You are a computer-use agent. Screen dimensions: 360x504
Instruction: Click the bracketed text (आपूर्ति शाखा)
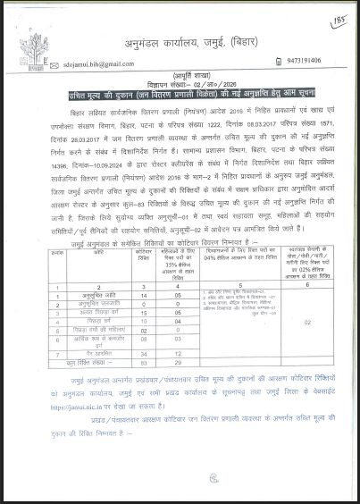pos(180,76)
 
